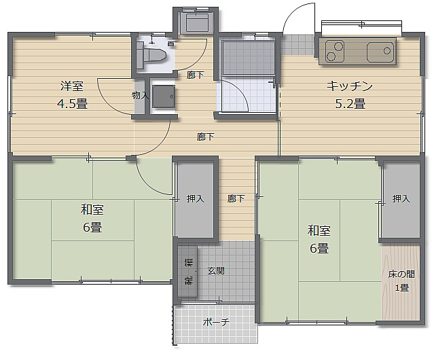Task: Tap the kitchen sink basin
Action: (x=380, y=52)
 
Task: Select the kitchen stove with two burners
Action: (x=335, y=51)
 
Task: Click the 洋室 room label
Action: (x=72, y=86)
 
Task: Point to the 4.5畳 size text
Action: (x=73, y=104)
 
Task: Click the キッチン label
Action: (x=350, y=86)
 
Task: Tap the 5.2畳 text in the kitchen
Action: (x=350, y=104)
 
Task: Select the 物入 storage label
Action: (x=141, y=96)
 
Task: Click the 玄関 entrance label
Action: (x=216, y=270)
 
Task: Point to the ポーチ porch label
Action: (x=216, y=322)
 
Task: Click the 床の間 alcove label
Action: (x=401, y=274)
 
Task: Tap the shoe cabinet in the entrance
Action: (x=188, y=271)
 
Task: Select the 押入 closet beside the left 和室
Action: (x=195, y=198)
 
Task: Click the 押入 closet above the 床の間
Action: (x=401, y=198)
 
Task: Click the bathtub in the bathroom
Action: (x=249, y=58)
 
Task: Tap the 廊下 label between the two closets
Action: (x=236, y=198)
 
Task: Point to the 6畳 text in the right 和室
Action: (x=319, y=248)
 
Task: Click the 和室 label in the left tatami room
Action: (x=92, y=209)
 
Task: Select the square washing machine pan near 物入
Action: (x=164, y=96)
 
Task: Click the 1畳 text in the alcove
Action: (x=401, y=288)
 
